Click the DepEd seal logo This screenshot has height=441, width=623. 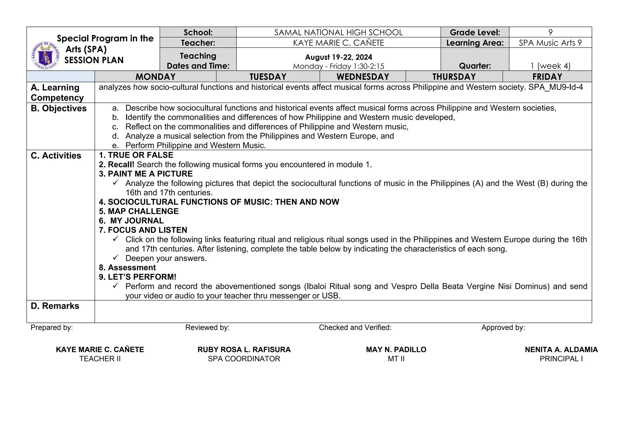(x=45, y=55)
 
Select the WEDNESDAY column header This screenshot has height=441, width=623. (x=363, y=77)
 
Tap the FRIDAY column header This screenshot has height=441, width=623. (x=547, y=77)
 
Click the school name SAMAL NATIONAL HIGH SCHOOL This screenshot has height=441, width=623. (x=338, y=32)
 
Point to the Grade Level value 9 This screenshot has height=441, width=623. (x=550, y=32)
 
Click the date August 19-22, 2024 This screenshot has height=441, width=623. (x=339, y=57)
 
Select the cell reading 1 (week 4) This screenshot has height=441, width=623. (x=550, y=66)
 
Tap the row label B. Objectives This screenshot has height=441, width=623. (x=59, y=108)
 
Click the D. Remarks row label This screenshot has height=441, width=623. (x=55, y=306)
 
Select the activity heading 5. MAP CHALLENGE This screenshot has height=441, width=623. (x=139, y=211)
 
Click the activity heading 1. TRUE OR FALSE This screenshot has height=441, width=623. (x=136, y=155)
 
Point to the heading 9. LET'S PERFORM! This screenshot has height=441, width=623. (x=137, y=277)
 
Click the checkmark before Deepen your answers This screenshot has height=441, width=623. (x=115, y=258)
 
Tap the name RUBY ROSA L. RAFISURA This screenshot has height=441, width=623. (x=244, y=350)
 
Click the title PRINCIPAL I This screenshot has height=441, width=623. (x=561, y=359)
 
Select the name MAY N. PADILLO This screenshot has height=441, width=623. (x=396, y=350)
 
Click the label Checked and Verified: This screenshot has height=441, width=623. (x=355, y=327)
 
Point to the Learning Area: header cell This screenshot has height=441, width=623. (x=475, y=43)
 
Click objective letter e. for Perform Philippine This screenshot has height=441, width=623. (x=115, y=146)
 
